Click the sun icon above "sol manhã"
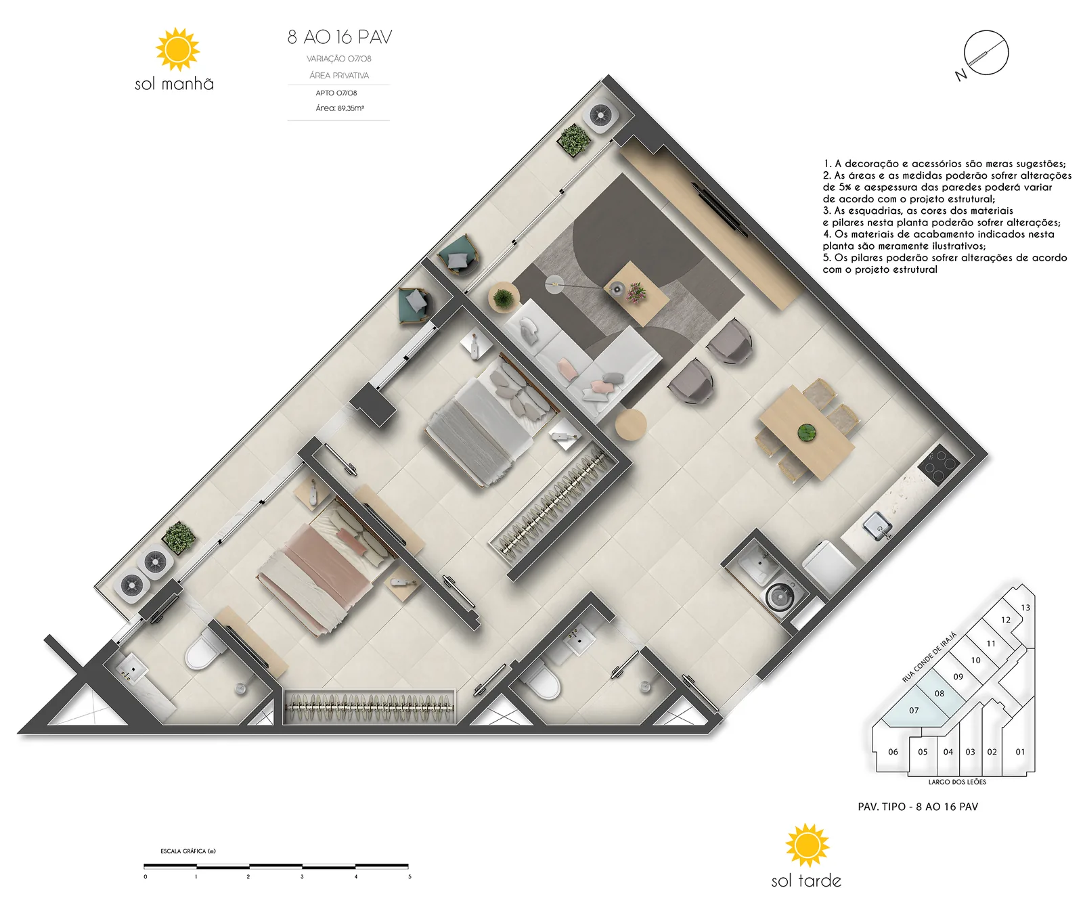click(x=177, y=49)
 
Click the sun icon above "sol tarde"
click(x=807, y=845)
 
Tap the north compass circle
click(x=986, y=53)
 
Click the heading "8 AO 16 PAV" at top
click(x=340, y=37)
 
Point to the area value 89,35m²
click(x=351, y=108)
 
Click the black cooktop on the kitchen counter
click(x=939, y=464)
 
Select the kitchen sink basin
click(x=877, y=526)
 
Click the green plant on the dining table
click(x=806, y=432)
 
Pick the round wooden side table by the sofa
click(x=631, y=424)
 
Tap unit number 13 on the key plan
click(x=1025, y=608)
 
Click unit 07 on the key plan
click(x=914, y=711)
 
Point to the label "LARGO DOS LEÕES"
click(x=957, y=782)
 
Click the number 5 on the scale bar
click(x=410, y=877)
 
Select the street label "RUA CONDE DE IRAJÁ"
click(x=929, y=657)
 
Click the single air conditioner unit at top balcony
click(x=601, y=116)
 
